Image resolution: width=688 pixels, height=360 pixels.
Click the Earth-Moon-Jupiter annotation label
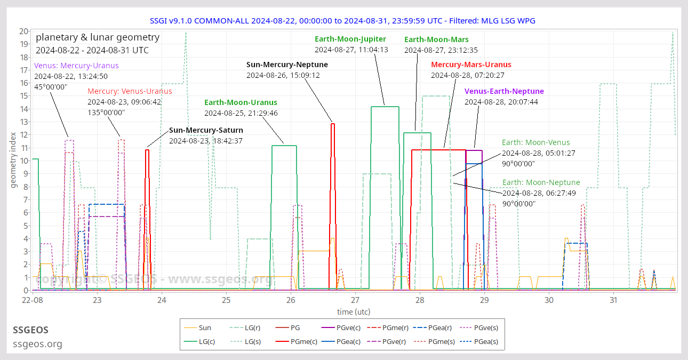point(350,39)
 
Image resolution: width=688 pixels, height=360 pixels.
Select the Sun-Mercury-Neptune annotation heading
point(287,65)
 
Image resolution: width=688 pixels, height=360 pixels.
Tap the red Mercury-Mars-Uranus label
point(471,65)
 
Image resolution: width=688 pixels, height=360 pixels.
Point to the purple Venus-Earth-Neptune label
point(504,91)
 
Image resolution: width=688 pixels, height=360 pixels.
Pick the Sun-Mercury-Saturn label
point(206,130)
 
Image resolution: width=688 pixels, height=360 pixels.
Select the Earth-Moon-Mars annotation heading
point(436,39)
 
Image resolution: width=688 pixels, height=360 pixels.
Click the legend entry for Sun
point(204,328)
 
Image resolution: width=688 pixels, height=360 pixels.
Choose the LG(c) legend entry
point(207,342)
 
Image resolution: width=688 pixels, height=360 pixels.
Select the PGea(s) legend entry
point(486,342)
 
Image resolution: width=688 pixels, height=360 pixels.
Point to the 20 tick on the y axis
point(23,31)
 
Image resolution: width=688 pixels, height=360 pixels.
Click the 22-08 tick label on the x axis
point(33,301)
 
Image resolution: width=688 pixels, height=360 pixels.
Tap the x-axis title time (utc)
point(353,311)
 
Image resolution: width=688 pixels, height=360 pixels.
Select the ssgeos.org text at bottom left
point(37,344)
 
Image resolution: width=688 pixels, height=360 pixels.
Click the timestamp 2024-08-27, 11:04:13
point(351,50)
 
